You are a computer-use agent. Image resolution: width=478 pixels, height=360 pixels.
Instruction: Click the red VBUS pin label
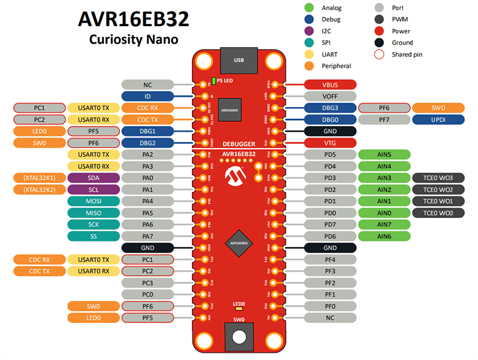tap(330, 84)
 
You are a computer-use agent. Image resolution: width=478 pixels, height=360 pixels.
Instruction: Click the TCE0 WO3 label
tap(438, 178)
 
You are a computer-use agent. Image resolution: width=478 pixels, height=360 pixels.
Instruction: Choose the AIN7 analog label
tap(385, 224)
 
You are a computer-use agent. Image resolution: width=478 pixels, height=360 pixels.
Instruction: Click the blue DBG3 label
tap(330, 108)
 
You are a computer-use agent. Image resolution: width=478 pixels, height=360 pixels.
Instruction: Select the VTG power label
tap(330, 143)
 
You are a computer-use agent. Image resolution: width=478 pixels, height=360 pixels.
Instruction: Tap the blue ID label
tap(148, 96)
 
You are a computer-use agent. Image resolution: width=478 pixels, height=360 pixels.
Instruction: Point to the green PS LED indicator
tap(213, 81)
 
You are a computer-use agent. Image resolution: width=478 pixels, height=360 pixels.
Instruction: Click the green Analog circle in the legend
tap(309, 8)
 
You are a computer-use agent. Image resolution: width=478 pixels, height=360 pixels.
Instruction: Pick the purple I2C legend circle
tap(309, 31)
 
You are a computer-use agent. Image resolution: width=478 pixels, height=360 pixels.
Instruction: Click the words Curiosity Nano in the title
tap(134, 40)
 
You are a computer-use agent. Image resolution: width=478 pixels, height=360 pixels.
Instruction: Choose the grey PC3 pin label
tap(148, 283)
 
